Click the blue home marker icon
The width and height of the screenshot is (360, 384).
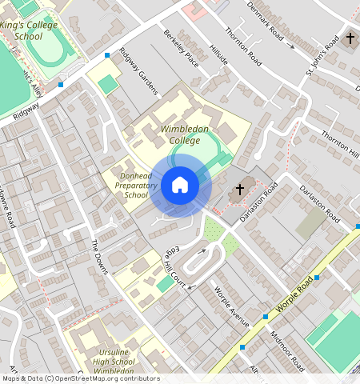coord(180,186)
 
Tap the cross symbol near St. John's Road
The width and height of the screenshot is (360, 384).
coord(350,38)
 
